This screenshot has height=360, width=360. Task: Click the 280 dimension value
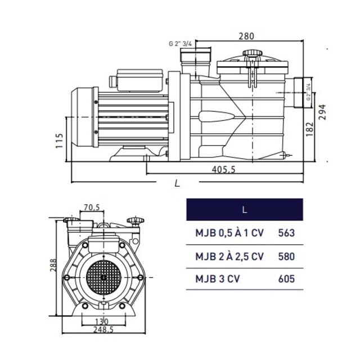point(246,36)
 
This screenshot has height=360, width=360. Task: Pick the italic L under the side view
point(177,183)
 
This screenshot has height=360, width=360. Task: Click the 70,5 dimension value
point(92,208)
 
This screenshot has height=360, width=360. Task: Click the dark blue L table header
point(244,210)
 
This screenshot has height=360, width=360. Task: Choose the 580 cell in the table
point(286,256)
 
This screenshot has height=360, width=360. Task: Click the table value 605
point(286,278)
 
